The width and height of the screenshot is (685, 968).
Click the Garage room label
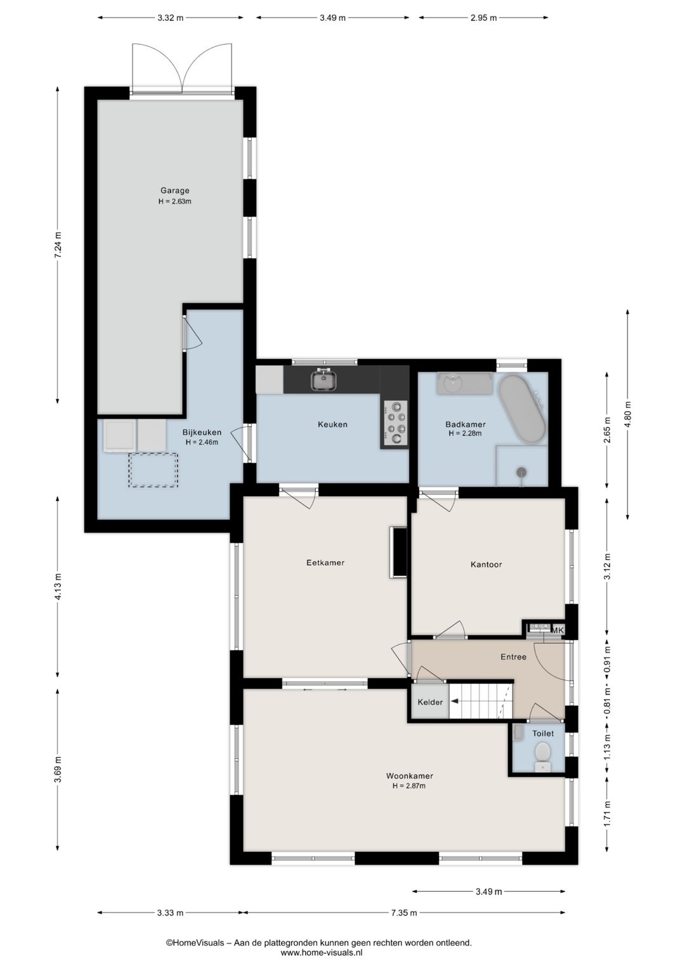coord(174,190)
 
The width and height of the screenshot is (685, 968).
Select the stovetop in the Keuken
coord(395,422)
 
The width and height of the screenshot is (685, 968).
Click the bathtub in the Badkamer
coord(522,409)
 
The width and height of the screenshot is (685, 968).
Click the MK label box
coord(557,631)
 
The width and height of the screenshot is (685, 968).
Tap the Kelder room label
coord(430,702)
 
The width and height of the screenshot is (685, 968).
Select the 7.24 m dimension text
coord(58,245)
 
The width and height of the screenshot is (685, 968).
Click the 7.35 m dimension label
coord(404,913)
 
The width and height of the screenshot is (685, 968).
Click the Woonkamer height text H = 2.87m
coord(408,786)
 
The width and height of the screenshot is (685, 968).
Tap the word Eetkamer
coord(325,563)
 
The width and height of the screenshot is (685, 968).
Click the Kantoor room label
coord(486,565)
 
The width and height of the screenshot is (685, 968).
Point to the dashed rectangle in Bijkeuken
coord(153,470)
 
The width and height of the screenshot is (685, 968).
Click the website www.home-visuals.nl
coord(322,952)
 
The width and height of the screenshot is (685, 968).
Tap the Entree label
coord(513,657)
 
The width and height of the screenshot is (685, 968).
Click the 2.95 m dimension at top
coord(483,18)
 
